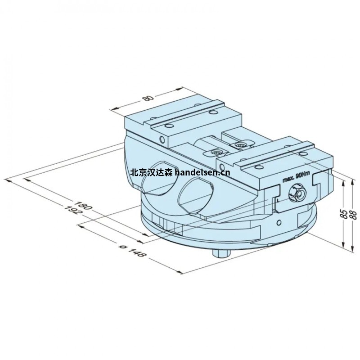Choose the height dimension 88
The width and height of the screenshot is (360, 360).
(353, 216)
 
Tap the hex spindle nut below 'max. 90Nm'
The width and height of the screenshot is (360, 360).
(297, 192)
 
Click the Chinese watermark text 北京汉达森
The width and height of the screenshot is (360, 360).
(151, 172)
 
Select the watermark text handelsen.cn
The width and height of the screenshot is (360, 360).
(202, 172)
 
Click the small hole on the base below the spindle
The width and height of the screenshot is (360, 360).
(279, 222)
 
